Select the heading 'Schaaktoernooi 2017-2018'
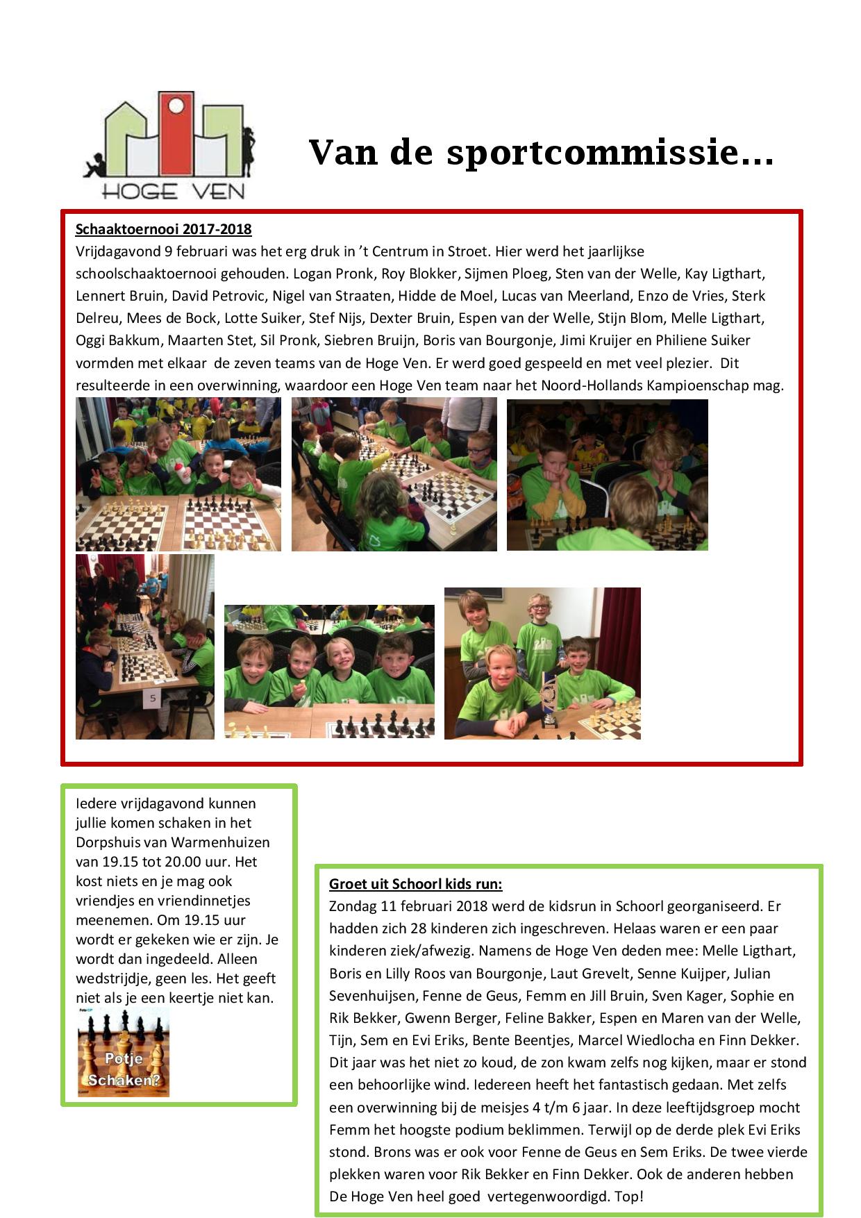click(163, 229)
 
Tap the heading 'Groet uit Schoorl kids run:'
click(415, 883)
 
